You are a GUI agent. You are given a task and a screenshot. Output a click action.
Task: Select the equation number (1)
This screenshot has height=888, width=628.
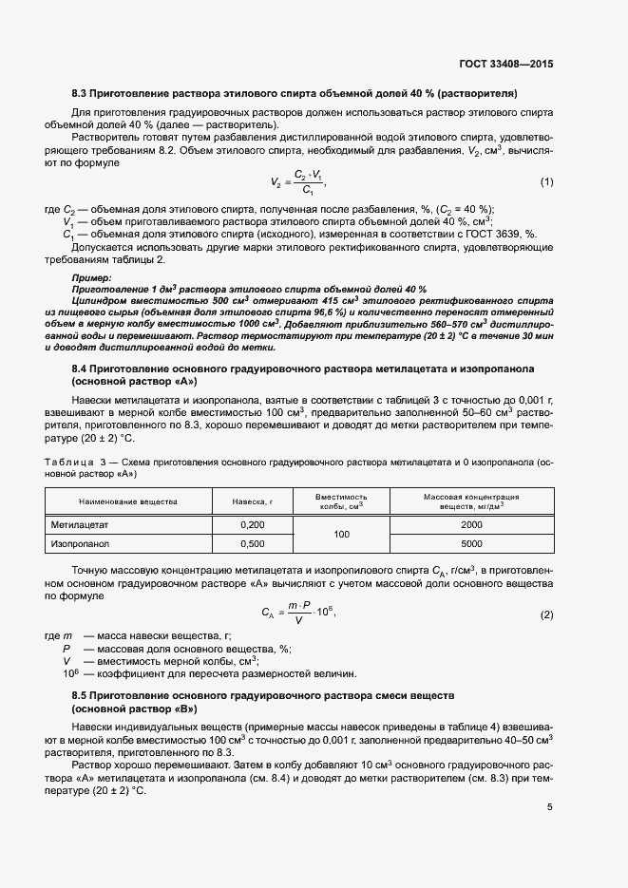point(546,181)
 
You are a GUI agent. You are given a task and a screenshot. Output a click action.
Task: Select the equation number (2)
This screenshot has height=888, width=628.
point(546,614)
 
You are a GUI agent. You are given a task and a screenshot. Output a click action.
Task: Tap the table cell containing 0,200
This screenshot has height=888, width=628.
point(252,524)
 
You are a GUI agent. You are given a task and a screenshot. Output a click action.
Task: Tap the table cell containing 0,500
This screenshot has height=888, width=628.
point(252,544)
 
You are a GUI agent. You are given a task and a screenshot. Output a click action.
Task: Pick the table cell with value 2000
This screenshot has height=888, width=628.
point(471,524)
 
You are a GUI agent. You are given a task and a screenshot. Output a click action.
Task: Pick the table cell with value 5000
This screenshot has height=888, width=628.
point(471,544)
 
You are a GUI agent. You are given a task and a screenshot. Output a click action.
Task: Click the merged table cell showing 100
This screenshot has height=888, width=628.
point(342,535)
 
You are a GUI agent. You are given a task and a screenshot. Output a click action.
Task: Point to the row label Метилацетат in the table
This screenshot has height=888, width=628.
point(82,524)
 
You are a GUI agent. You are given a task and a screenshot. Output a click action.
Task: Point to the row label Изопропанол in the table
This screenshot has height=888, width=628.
point(82,544)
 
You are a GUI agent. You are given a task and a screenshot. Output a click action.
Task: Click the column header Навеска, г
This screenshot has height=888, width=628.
point(252,501)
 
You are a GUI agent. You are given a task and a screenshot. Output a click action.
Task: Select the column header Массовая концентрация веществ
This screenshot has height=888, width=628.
point(471,501)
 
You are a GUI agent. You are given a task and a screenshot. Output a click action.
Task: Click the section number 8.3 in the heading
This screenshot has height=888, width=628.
point(80,93)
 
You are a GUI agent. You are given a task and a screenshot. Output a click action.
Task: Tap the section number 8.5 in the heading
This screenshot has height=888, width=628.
point(80,696)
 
